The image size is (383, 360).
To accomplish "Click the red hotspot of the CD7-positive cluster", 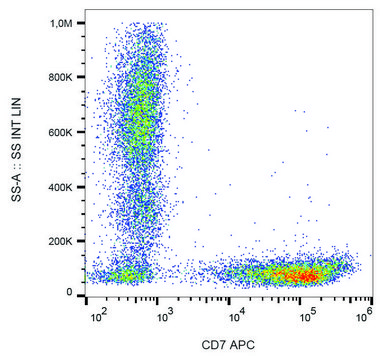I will (x=300, y=273).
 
